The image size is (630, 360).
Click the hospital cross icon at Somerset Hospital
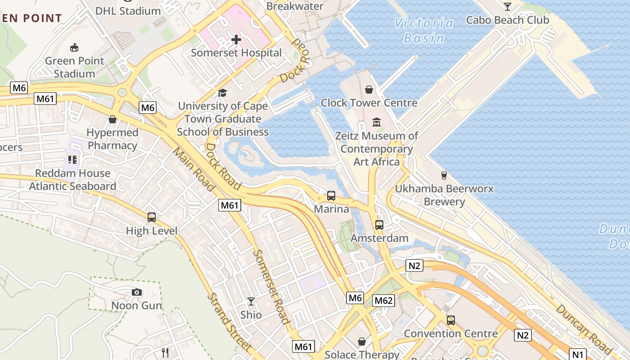pos(236,40)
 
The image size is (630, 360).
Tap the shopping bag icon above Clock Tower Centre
pos(369,90)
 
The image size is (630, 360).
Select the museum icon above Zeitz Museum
pos(377,122)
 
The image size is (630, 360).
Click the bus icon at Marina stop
pos(331,196)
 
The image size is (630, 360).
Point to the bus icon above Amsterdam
pos(379,225)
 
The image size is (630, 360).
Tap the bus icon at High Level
pos(152,217)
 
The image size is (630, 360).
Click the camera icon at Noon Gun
pos(137,292)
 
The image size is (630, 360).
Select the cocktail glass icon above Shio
pos(251,301)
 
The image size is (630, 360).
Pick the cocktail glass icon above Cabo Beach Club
pos(508,7)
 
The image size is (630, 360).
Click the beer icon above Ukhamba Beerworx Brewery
pos(444,175)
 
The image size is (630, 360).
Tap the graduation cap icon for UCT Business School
pos(222,93)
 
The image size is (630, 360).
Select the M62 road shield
pos(383,301)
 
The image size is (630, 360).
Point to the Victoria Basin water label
pos(423,30)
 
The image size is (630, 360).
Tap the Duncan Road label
pos(583,329)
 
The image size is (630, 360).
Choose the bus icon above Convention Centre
pos(450,320)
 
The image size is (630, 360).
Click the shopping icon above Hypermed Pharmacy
pos(112,119)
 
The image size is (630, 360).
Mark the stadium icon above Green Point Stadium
pos(74,47)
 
